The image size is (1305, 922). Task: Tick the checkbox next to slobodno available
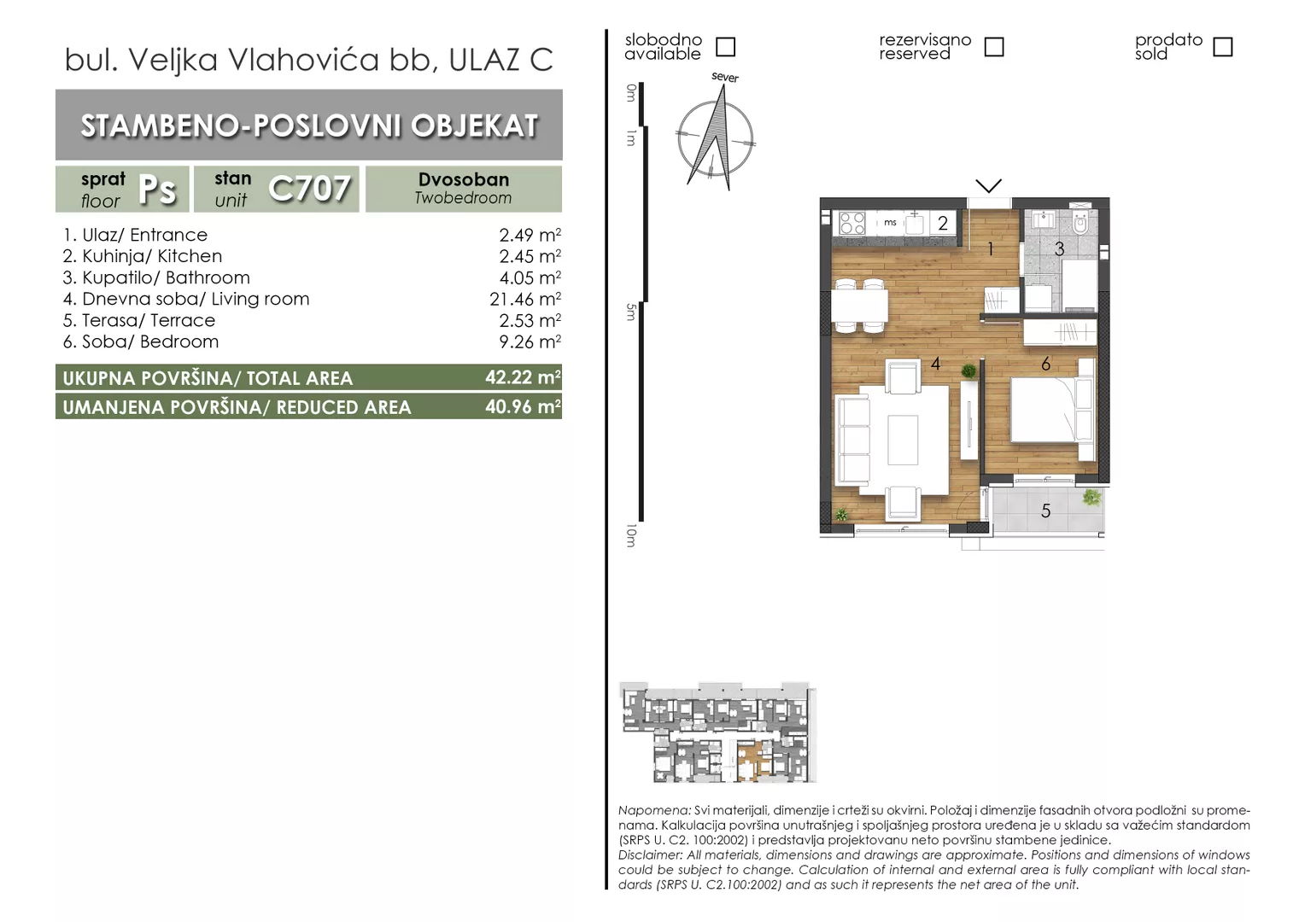click(725, 47)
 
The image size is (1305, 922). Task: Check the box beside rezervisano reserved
click(994, 47)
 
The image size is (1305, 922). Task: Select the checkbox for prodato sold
click(1223, 47)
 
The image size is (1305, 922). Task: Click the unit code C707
click(309, 189)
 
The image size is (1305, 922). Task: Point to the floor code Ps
click(157, 190)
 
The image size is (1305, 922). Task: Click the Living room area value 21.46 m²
click(525, 299)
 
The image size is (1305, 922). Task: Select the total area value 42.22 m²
click(523, 377)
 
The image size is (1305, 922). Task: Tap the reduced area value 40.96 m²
click(523, 406)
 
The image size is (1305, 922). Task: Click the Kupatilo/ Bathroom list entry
click(156, 277)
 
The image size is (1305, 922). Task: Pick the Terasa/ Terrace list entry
click(138, 320)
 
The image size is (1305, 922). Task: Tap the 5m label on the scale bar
click(631, 312)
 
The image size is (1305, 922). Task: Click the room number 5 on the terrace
click(1045, 511)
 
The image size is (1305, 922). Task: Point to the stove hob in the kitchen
click(851, 223)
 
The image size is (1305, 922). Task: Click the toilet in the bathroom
click(1080, 221)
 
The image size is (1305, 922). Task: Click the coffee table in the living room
click(903, 440)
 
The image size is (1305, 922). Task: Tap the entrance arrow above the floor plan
click(989, 186)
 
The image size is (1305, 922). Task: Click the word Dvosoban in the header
click(464, 179)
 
